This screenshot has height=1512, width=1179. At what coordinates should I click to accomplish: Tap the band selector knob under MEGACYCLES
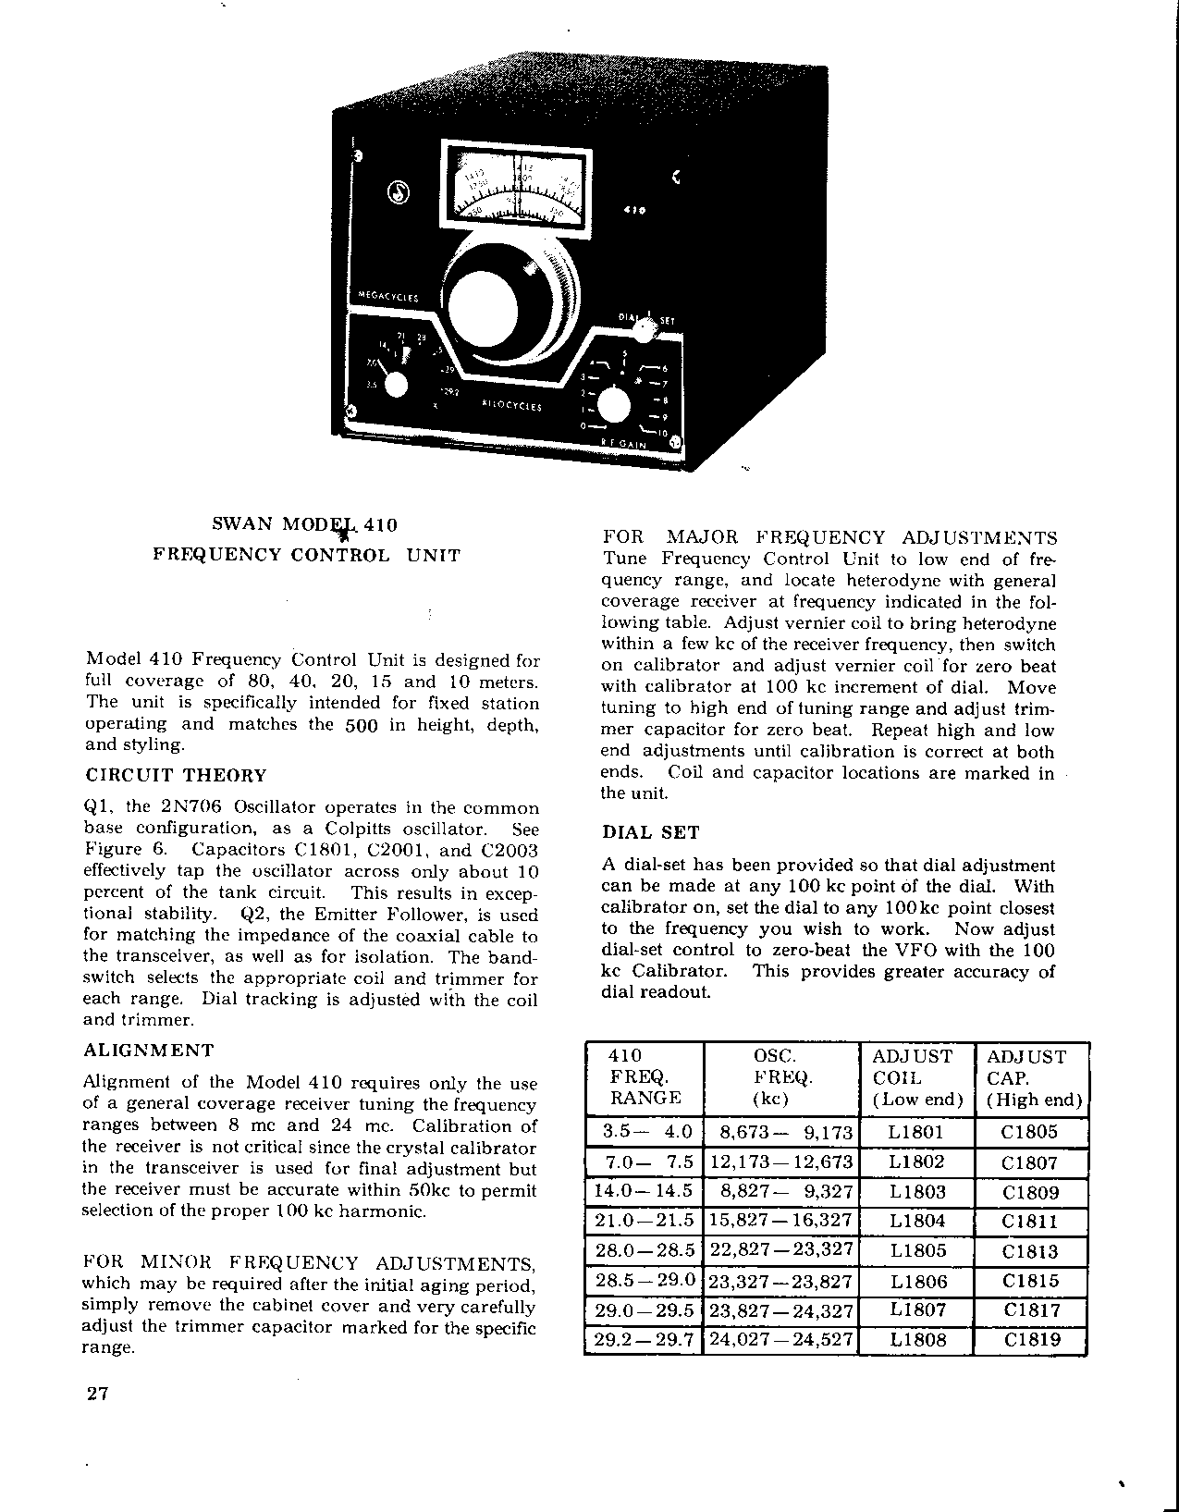pyautogui.click(x=396, y=385)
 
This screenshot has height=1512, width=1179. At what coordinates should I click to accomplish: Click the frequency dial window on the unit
pyautogui.click(x=515, y=186)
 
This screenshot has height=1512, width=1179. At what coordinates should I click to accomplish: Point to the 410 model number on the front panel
pyautogui.click(x=635, y=211)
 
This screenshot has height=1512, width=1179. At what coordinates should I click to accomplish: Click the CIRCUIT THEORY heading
pyautogui.click(x=176, y=775)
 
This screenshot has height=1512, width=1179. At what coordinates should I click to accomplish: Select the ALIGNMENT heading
pyautogui.click(x=149, y=1050)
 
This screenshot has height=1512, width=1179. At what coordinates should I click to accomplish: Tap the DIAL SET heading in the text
pyautogui.click(x=650, y=832)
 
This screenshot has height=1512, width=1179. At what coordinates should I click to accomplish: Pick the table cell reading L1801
pyautogui.click(x=916, y=1132)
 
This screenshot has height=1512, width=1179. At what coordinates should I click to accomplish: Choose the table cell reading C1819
pyautogui.click(x=1032, y=1339)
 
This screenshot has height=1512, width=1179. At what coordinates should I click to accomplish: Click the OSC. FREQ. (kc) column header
pyautogui.click(x=781, y=1077)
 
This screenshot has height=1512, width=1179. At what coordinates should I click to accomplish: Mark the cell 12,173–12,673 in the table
pyautogui.click(x=781, y=1162)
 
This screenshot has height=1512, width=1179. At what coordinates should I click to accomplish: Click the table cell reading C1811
pyautogui.click(x=1032, y=1222)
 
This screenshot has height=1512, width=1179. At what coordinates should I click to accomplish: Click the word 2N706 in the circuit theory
pyautogui.click(x=192, y=806)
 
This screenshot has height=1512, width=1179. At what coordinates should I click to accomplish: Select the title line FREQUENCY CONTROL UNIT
pyautogui.click(x=306, y=556)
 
